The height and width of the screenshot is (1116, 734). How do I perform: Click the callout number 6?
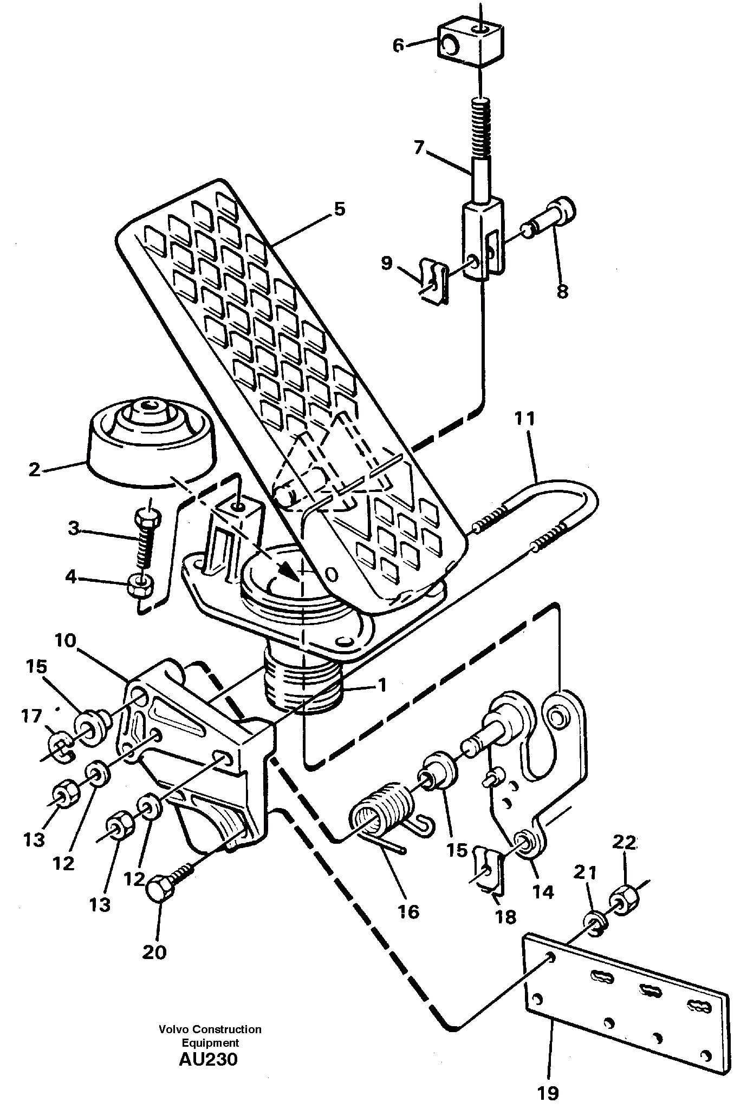click(398, 46)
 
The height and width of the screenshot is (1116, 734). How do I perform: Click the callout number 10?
click(66, 641)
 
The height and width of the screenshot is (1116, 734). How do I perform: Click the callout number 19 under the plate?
click(548, 1093)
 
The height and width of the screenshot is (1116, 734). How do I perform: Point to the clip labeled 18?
click(488, 871)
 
